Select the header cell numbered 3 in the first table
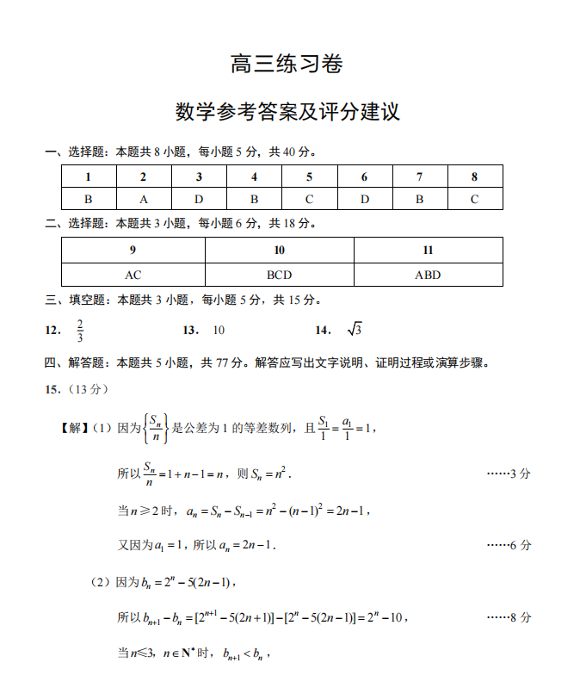(x=199, y=176)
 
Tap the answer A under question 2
(x=144, y=199)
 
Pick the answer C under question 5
(x=309, y=199)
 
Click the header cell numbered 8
(x=474, y=176)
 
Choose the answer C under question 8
(x=474, y=199)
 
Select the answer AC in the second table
(x=133, y=275)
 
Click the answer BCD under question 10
(x=279, y=275)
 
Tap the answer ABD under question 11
(x=428, y=275)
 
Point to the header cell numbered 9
(x=133, y=251)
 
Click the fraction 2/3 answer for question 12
(x=79, y=331)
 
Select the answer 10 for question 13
(x=219, y=331)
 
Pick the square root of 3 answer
(x=355, y=331)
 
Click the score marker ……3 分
(x=509, y=474)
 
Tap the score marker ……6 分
(x=509, y=545)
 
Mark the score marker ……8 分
(x=509, y=617)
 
